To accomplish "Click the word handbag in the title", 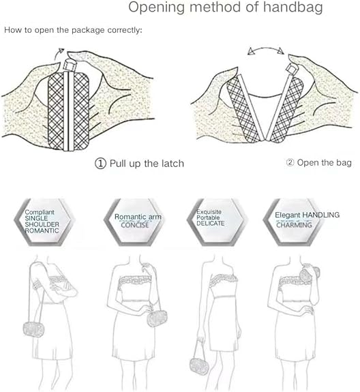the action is click(x=293, y=7).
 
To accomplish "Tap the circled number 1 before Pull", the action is click(x=100, y=164).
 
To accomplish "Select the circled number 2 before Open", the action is click(x=290, y=162).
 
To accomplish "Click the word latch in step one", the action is click(x=172, y=164).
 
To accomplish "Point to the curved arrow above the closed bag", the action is click(x=59, y=53).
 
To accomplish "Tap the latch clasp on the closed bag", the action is click(x=68, y=65).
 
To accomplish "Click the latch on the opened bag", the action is click(x=290, y=68).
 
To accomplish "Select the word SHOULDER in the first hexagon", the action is click(x=42, y=224).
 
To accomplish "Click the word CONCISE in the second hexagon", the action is click(x=135, y=225).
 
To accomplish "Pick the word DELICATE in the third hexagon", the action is click(x=211, y=223).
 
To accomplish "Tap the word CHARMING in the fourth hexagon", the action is click(x=295, y=225).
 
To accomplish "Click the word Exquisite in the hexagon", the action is click(x=209, y=212).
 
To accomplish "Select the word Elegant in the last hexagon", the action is click(x=288, y=215).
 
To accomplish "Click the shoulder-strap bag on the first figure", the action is click(x=34, y=329).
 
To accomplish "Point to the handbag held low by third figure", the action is click(x=199, y=367).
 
